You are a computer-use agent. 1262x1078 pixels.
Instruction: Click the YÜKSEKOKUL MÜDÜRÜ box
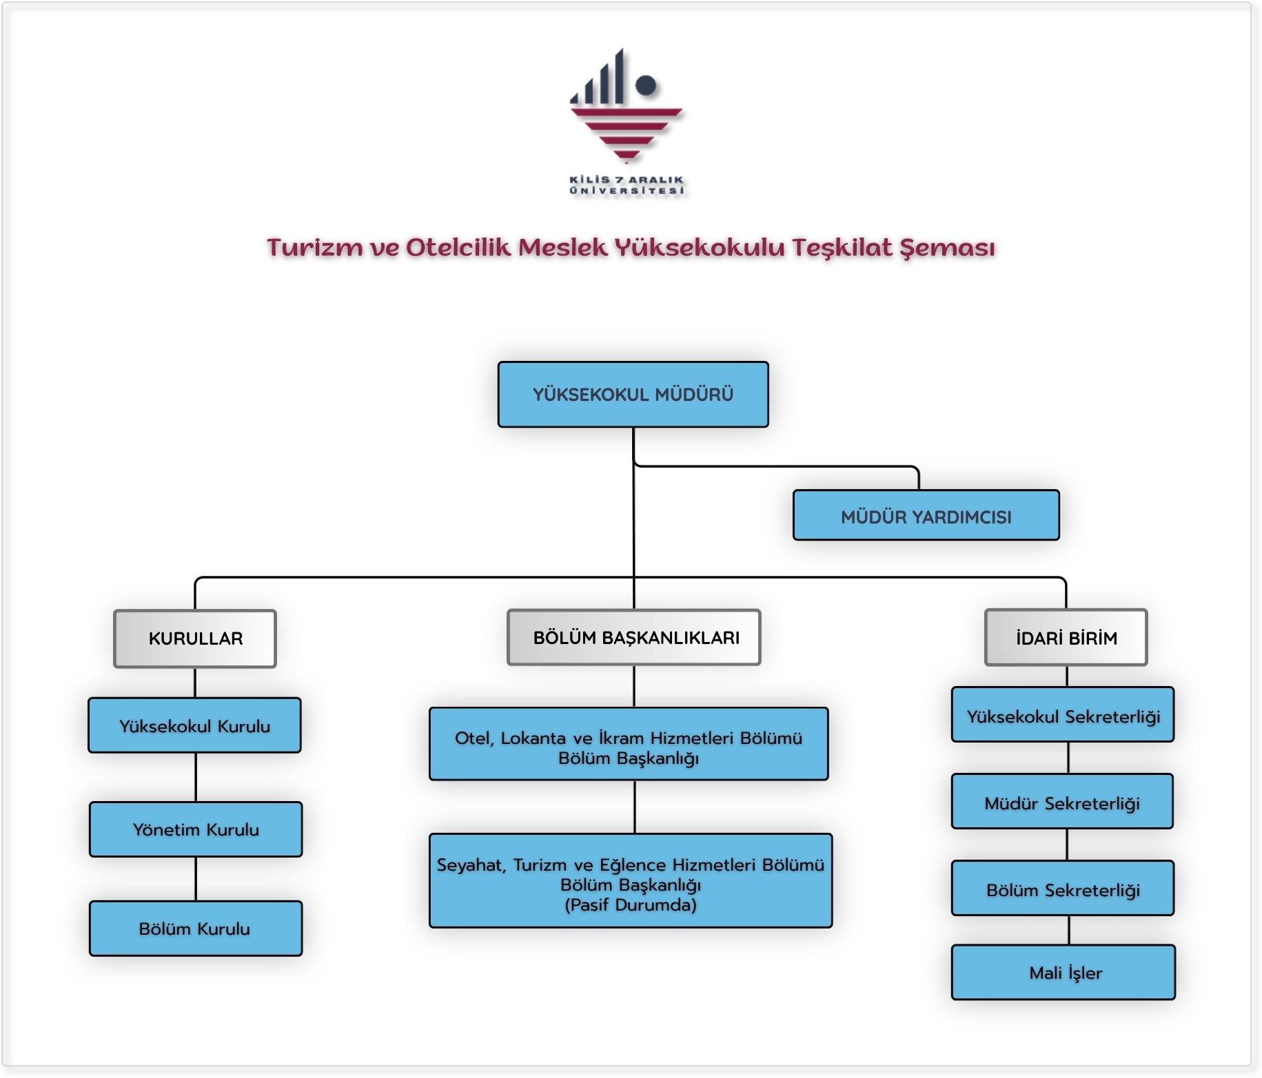633,395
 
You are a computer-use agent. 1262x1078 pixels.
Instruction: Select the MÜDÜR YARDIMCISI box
926,516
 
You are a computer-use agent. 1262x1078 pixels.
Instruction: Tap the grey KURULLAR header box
195,639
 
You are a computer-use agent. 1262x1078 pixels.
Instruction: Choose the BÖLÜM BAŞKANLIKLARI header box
634,638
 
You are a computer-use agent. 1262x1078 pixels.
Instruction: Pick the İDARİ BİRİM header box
1066,638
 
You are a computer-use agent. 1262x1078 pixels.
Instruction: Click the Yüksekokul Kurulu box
194,726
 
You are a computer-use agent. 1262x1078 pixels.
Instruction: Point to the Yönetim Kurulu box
196,829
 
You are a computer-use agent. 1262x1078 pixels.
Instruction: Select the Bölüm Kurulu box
195,929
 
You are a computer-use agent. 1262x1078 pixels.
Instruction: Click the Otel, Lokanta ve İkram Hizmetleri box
629,745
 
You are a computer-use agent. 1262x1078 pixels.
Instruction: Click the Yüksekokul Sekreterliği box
1063,716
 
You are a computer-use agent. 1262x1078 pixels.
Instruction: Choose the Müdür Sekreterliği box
1062,802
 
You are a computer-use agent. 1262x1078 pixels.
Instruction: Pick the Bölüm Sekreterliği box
1063,889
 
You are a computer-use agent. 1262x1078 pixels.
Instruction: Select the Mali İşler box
1063,973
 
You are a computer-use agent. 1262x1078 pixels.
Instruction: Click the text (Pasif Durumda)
630,904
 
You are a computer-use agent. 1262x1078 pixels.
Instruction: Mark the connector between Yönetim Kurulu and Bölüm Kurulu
196,879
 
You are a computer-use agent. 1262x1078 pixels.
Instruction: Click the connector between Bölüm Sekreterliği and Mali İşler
1069,930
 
